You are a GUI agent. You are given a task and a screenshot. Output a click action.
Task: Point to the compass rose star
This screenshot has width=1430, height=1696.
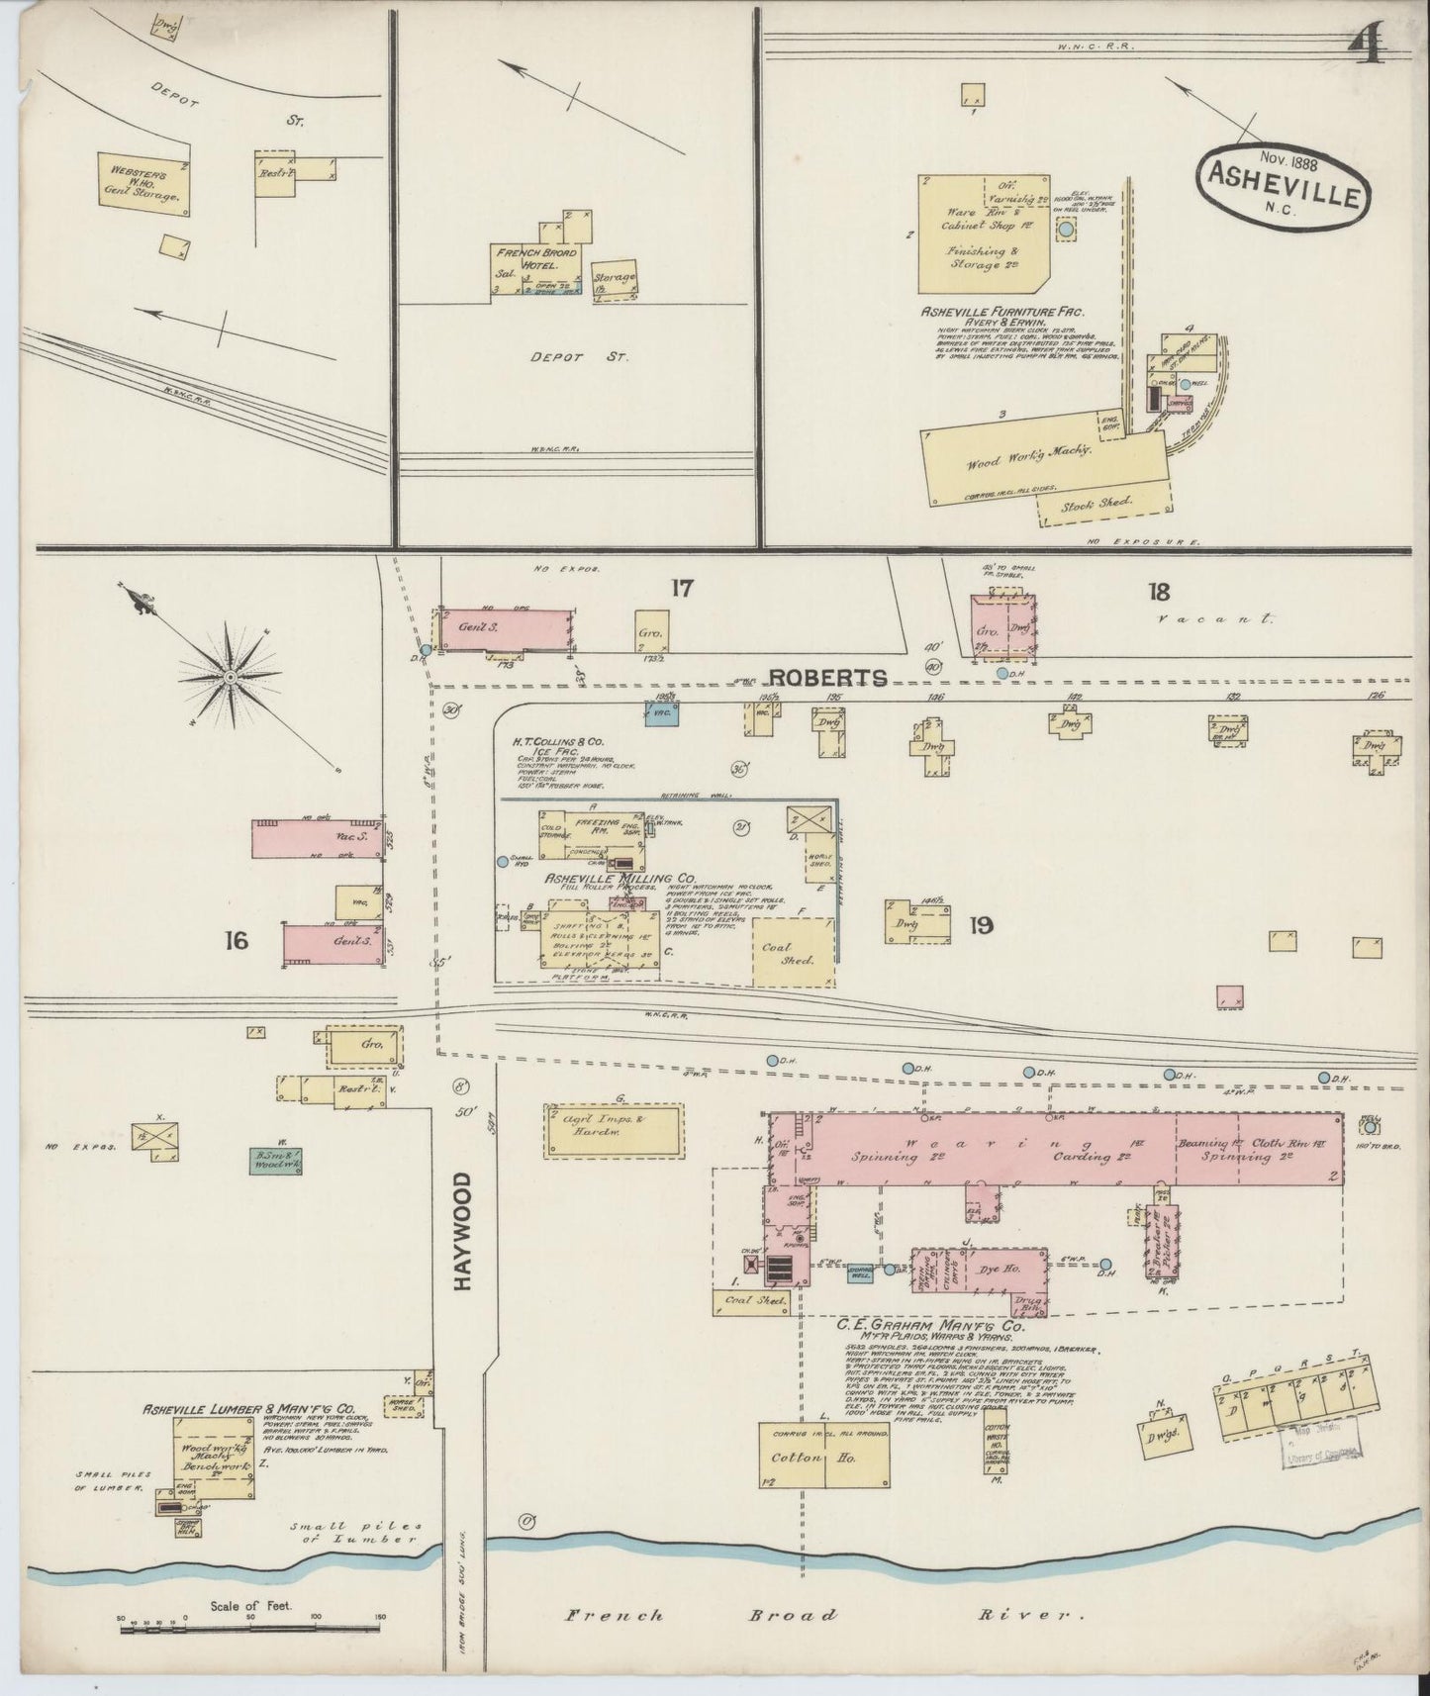[x=230, y=677]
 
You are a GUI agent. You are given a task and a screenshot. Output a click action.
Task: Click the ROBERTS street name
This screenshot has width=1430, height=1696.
[x=828, y=677]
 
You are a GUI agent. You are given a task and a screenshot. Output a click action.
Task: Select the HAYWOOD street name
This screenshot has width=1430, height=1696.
[x=462, y=1231]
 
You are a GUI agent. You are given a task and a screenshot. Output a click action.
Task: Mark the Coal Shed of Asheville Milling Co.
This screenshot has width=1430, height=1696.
[x=793, y=952]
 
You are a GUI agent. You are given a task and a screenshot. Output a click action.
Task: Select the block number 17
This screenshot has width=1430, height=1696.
[x=681, y=589]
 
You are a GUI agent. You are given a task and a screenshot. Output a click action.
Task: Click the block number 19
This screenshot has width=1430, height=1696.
[x=981, y=926]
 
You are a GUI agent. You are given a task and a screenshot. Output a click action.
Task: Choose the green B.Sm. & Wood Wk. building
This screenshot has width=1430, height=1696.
[x=275, y=1160]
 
